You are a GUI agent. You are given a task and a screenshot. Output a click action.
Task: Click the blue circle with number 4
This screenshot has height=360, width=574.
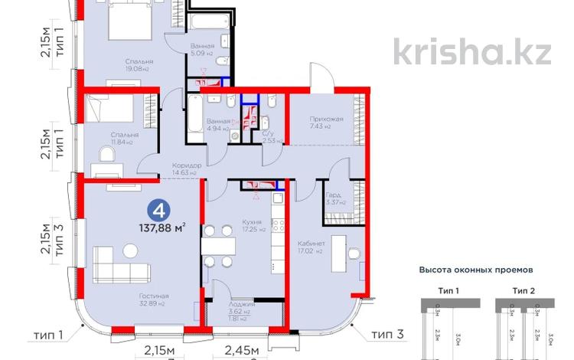pos(158,208)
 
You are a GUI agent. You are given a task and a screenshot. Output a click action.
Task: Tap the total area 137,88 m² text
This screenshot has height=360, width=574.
pos(161,227)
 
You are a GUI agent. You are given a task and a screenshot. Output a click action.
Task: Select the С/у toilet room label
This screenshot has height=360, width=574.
pos(269,133)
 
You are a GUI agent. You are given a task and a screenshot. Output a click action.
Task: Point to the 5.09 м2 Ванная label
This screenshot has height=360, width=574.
pos(203,47)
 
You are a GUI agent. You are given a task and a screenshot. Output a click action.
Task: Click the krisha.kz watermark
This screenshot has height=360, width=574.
pos(472,51)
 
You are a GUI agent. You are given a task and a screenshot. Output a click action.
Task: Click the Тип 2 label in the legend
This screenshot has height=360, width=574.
pos(526,291)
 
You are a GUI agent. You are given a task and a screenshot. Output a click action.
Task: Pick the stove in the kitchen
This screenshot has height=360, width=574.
pos(277,226)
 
